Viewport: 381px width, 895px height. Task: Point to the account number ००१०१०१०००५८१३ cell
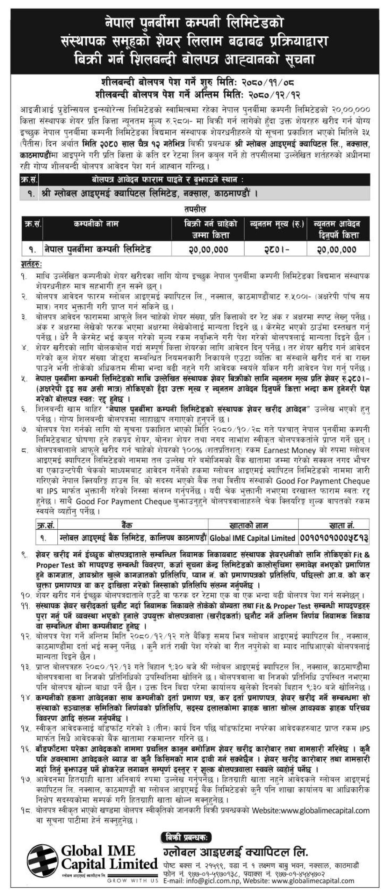pos(334,538)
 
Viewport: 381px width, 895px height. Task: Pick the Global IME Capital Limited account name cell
pos(253,538)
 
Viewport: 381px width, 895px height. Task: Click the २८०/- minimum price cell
pos(275,249)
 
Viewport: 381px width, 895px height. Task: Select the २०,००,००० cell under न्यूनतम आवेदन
pos(338,249)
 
